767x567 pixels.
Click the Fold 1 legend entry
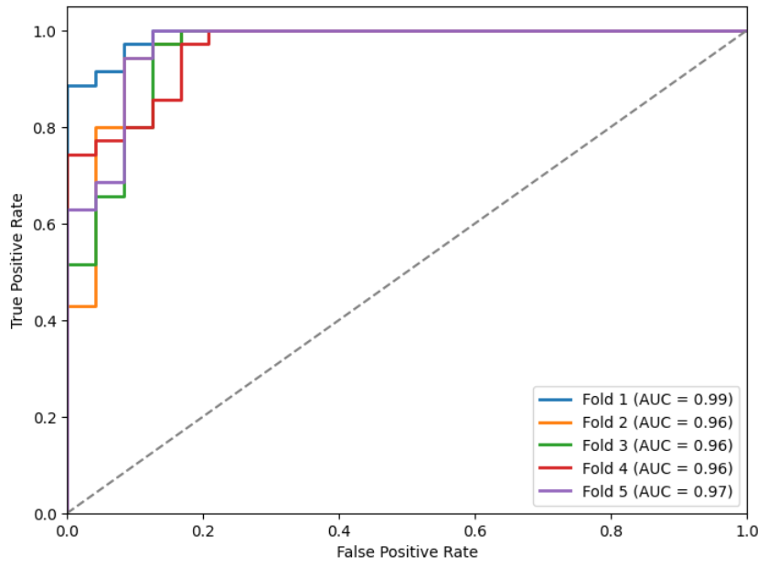pyautogui.click(x=656, y=399)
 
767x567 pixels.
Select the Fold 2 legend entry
pyautogui.click(x=656, y=422)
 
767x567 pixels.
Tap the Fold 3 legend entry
pyautogui.click(x=656, y=445)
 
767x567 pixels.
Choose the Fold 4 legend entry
pyautogui.click(x=656, y=468)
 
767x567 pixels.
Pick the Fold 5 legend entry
pyautogui.click(x=656, y=491)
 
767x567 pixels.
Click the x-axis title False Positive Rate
pyautogui.click(x=407, y=551)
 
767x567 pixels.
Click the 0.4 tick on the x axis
pyautogui.click(x=339, y=530)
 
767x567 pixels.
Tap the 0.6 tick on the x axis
pyautogui.click(x=475, y=530)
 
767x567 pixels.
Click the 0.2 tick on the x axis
pyautogui.click(x=203, y=530)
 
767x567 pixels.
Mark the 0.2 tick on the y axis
pyautogui.click(x=45, y=417)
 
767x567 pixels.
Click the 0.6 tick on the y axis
pyautogui.click(x=45, y=224)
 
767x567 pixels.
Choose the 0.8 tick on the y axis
pyautogui.click(x=45, y=128)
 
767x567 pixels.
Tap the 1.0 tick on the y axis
pyautogui.click(x=45, y=31)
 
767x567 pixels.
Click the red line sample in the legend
pyautogui.click(x=557, y=468)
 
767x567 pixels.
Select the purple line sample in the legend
pyautogui.click(x=557, y=491)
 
